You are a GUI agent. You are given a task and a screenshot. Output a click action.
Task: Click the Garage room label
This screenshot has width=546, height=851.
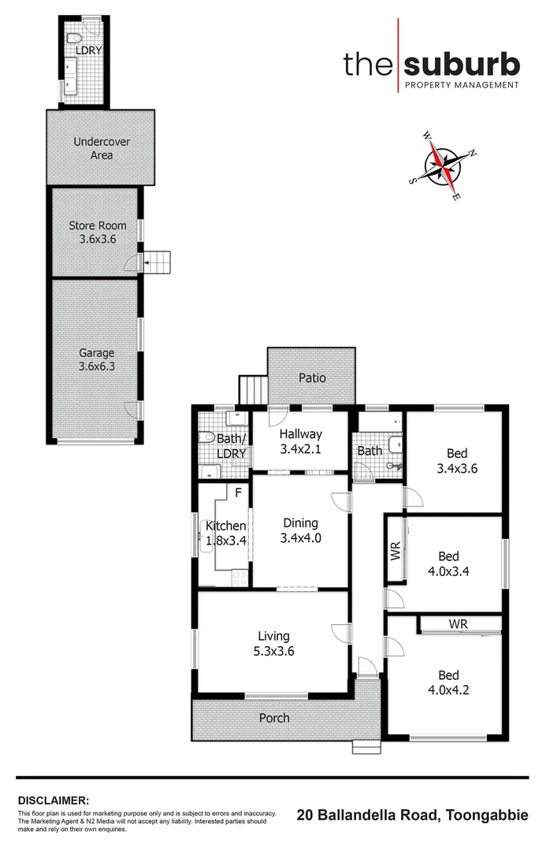tap(96, 360)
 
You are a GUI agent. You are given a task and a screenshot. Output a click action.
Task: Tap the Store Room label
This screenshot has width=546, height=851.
tap(96, 232)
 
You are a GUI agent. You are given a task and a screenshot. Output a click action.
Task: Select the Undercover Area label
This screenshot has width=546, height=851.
tap(102, 148)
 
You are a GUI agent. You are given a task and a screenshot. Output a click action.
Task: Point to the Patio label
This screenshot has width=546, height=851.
tap(312, 378)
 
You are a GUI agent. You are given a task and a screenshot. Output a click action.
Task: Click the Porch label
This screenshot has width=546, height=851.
tap(274, 718)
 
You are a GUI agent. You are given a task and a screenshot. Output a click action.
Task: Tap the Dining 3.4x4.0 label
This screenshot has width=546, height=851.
tap(299, 530)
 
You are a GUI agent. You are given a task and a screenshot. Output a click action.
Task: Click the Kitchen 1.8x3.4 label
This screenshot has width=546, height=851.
tap(226, 533)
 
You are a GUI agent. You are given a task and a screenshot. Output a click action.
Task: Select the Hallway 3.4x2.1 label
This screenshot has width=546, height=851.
tap(300, 441)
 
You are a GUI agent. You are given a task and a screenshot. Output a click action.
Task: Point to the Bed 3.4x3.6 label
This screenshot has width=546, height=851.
tap(457, 460)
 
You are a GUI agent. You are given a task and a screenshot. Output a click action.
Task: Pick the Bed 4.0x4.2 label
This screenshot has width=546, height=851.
tap(448, 682)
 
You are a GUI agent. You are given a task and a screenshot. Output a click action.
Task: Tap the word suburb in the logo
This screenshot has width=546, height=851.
tap(463, 63)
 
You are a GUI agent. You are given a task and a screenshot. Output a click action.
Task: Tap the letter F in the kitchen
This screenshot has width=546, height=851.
tap(239, 494)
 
